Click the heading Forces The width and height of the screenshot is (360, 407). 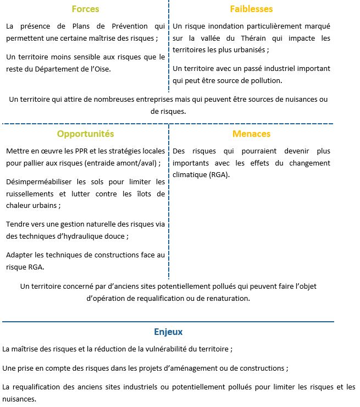point(85,9)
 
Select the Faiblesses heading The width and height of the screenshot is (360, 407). point(251,9)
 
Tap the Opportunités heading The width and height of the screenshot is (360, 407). point(85,134)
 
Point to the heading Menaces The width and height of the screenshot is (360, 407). point(251,134)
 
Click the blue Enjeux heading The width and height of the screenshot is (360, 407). point(168,332)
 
